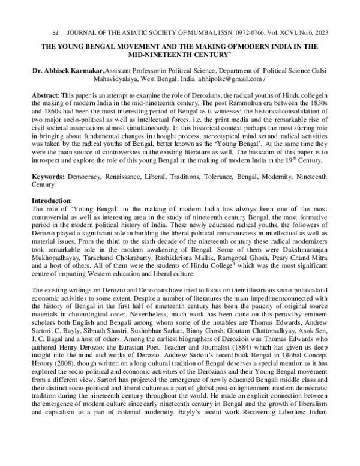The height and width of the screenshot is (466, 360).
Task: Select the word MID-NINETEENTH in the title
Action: (x=158, y=54)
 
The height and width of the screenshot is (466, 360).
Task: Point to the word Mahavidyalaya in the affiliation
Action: (x=120, y=79)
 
